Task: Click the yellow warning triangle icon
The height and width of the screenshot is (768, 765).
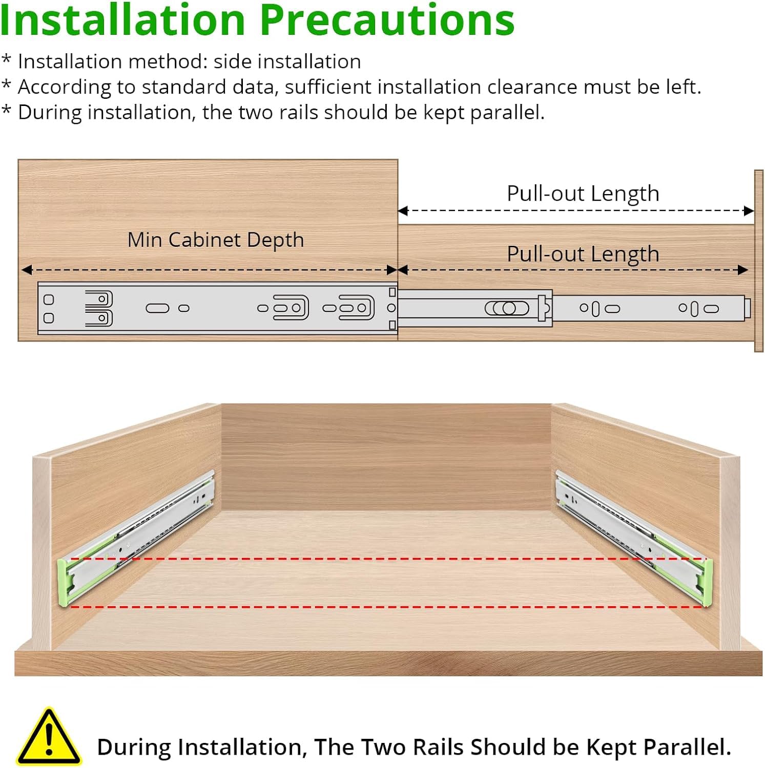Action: click(49, 737)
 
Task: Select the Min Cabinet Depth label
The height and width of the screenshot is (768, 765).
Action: click(216, 240)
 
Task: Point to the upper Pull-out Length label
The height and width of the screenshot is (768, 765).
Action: click(583, 194)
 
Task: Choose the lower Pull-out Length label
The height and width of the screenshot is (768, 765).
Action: click(583, 254)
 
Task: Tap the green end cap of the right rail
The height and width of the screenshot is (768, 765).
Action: click(708, 583)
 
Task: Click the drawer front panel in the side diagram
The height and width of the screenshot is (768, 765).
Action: click(759, 261)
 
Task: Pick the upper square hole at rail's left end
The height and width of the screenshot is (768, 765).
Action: click(49, 300)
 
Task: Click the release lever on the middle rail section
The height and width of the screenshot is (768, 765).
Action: click(507, 308)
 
